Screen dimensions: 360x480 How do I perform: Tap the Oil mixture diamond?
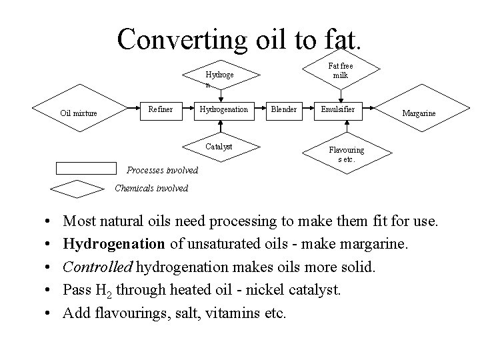tap(79, 113)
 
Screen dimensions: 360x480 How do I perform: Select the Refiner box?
tap(161, 109)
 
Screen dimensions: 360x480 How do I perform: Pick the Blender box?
tap(283, 109)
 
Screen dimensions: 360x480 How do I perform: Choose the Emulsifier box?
tap(338, 109)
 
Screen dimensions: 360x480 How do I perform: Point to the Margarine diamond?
tap(419, 113)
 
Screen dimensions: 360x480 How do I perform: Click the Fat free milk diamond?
tap(341, 71)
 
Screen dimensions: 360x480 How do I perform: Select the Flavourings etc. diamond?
tap(346, 155)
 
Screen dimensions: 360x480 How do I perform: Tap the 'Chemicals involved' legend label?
tap(151, 189)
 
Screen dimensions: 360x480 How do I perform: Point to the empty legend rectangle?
tap(86, 167)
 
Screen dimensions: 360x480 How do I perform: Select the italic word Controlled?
tap(97, 267)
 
